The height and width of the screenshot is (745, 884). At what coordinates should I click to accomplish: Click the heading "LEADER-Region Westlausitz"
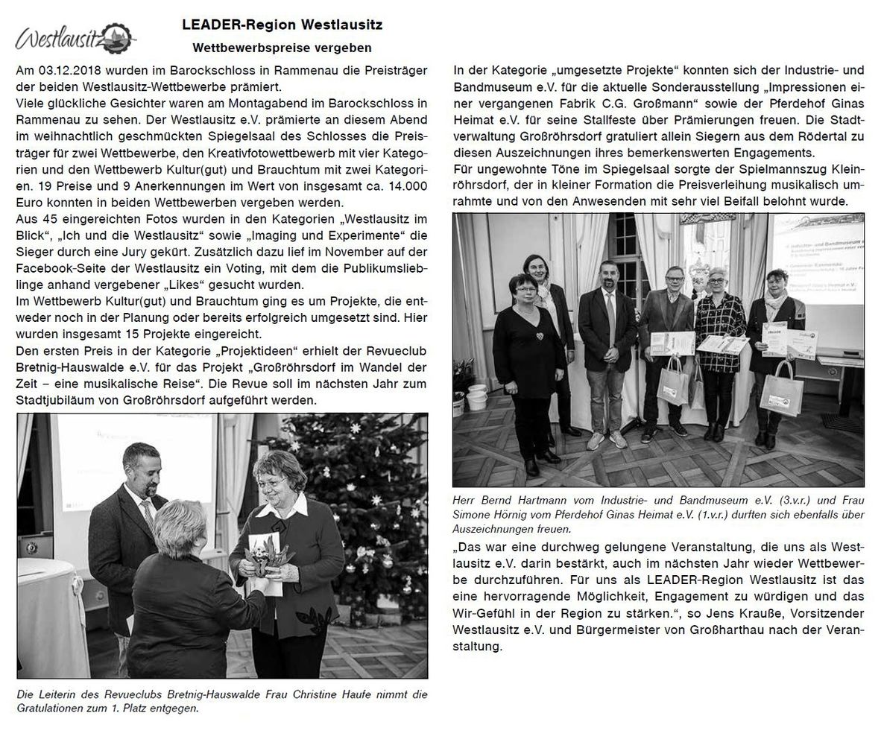(282, 25)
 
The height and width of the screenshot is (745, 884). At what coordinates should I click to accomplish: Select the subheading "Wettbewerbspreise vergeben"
(282, 48)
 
